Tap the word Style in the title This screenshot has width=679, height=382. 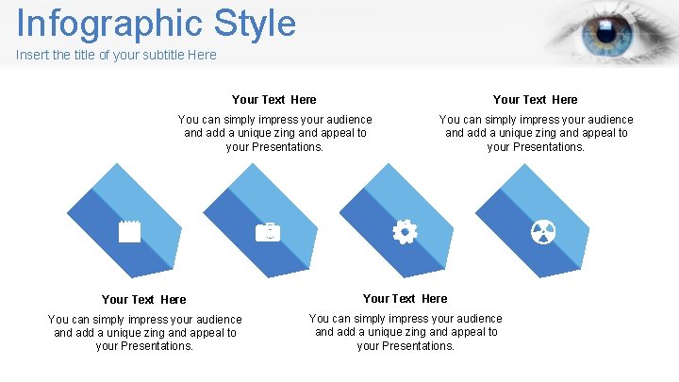pyautogui.click(x=255, y=24)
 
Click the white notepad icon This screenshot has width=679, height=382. pyautogui.click(x=129, y=231)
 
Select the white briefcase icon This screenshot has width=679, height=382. pyautogui.click(x=268, y=231)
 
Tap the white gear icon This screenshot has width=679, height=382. pyautogui.click(x=405, y=231)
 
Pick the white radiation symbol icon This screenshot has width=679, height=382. pyautogui.click(x=543, y=231)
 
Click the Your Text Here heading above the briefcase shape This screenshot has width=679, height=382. pyautogui.click(x=274, y=99)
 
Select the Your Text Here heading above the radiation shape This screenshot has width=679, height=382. pyautogui.click(x=536, y=99)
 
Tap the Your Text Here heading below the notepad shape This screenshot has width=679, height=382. pyautogui.click(x=144, y=299)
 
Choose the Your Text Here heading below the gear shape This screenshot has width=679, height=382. pyautogui.click(x=406, y=298)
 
